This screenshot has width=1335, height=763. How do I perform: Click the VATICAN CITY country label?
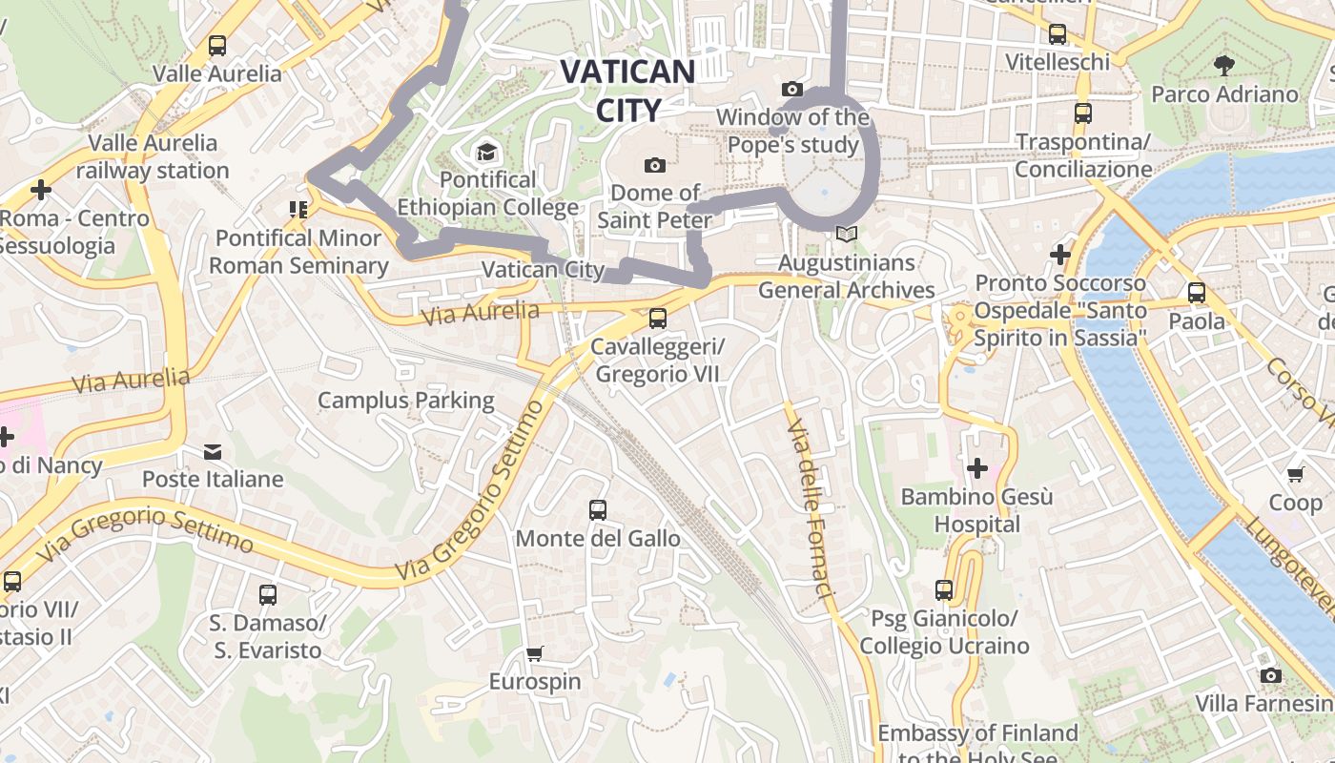coord(626,91)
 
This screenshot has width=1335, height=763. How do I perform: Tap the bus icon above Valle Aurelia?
coord(217,45)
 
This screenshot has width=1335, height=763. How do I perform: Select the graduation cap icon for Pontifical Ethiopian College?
coord(487,152)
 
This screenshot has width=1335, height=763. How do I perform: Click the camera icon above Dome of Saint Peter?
coord(654,165)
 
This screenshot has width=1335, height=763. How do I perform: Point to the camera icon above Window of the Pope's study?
coord(791,89)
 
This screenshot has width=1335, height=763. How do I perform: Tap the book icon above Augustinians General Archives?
coord(846,234)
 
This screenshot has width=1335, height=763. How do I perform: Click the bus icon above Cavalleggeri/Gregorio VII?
coord(657,319)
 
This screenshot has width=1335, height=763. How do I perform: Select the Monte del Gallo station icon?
coord(598,510)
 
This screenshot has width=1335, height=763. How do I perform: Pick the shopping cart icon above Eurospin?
coord(535,654)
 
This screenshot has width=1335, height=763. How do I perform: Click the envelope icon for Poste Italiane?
coord(213,451)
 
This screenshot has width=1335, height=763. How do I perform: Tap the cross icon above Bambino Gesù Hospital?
coord(977,468)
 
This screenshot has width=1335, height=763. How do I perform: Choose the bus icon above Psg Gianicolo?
coord(944,590)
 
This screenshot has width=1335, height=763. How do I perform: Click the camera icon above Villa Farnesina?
coord(1270,676)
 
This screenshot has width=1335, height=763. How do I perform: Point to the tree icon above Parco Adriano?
coord(1224,66)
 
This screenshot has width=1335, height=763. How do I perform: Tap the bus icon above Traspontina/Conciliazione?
coord(1082,113)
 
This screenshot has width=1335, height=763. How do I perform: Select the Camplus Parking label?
coord(405,400)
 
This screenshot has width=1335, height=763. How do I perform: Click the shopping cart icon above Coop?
coord(1295,474)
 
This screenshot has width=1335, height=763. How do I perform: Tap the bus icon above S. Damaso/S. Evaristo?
coord(268,595)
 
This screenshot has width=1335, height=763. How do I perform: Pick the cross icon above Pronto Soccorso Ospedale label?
coord(1059,255)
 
